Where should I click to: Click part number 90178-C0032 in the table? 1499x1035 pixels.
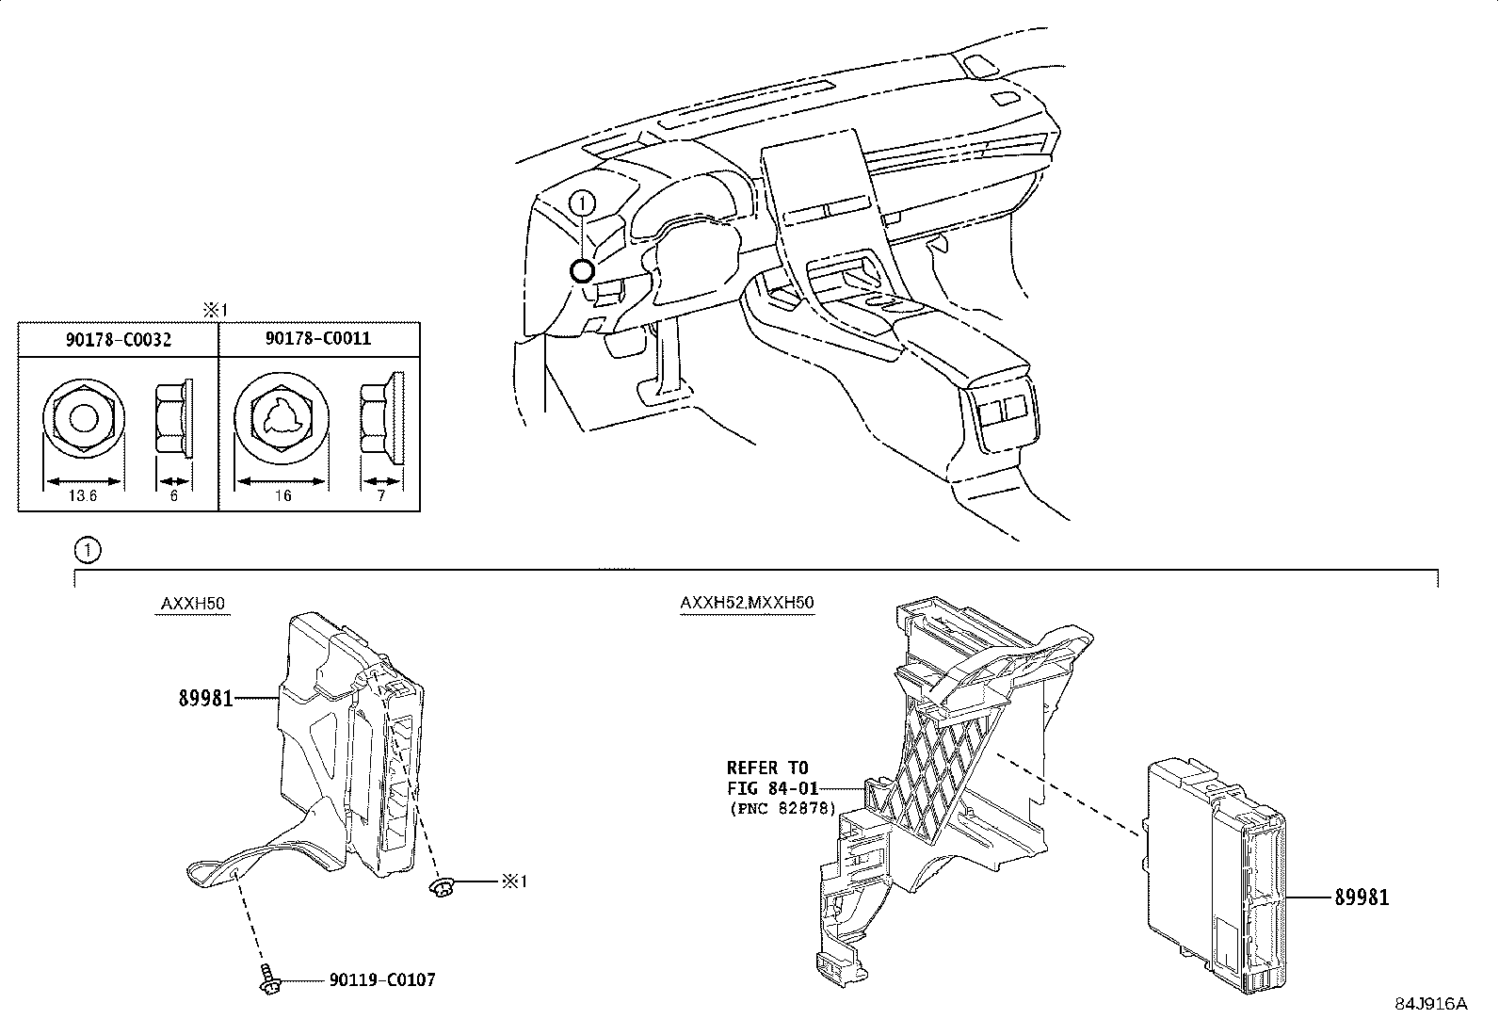point(119,339)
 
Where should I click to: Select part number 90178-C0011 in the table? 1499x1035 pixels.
point(318,338)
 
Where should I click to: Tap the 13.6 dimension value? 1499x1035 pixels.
point(82,495)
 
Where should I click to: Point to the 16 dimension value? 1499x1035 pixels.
point(283,495)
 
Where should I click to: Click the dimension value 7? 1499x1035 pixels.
point(381,495)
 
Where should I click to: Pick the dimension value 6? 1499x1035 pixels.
point(174,495)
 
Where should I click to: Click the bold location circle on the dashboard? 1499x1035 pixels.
point(582,271)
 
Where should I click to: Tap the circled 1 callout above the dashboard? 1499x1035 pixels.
point(582,202)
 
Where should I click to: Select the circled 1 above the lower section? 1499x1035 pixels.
point(88,550)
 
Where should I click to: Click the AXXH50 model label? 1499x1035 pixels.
point(193,603)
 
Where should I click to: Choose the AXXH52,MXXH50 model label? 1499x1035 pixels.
point(747,603)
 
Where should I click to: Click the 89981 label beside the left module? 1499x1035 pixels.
point(205,698)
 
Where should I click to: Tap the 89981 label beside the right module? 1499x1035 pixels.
point(1362,898)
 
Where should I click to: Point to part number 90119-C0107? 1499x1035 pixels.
point(382,980)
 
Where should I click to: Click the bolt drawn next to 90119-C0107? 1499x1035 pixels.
point(269,979)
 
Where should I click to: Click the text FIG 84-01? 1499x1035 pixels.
point(772,788)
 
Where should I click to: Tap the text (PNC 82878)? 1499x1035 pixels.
point(782,809)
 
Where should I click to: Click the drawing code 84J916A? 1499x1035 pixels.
point(1431,1004)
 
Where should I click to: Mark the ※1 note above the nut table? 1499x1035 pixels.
point(216,311)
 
